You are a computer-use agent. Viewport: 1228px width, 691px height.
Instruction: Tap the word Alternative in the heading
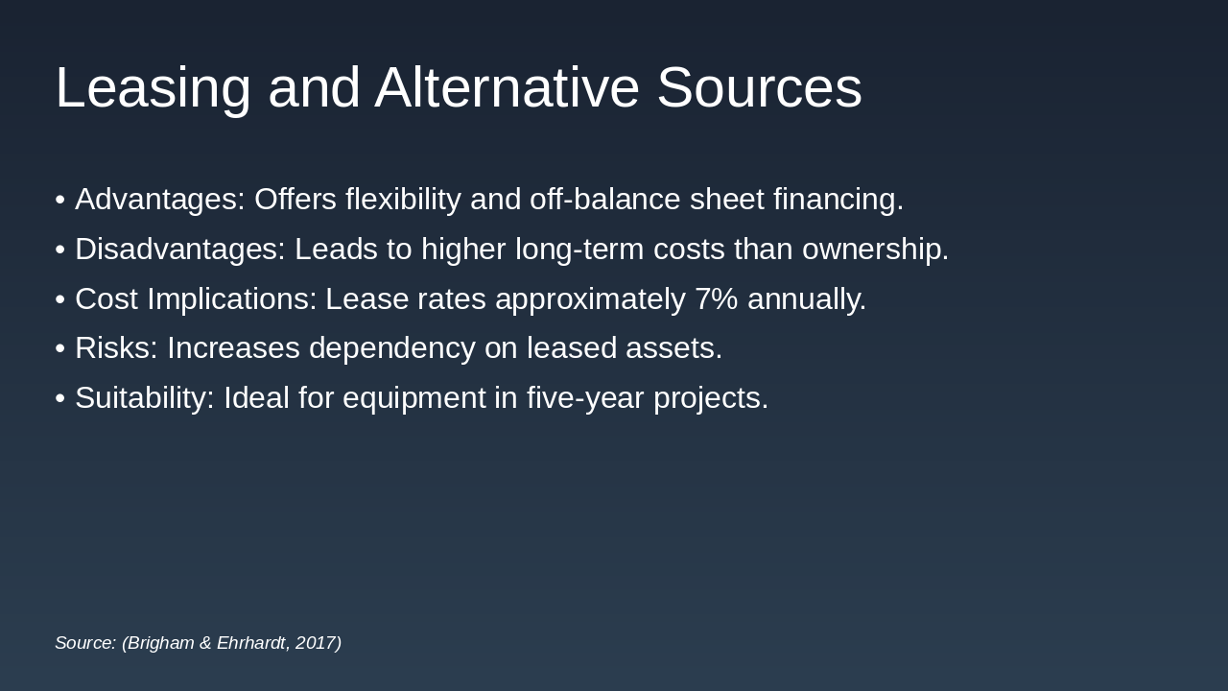pyautogui.click(x=508, y=87)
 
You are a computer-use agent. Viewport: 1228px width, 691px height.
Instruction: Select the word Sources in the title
pyautogui.click(x=759, y=87)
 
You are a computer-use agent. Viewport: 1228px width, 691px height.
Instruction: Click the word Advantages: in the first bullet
pyautogui.click(x=160, y=200)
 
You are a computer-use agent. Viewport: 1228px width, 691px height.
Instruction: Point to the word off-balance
pyautogui.click(x=604, y=199)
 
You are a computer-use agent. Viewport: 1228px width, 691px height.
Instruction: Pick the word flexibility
pyautogui.click(x=403, y=200)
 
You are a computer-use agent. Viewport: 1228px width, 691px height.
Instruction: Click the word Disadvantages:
pyautogui.click(x=180, y=250)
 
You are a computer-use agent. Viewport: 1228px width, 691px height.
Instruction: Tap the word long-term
pyautogui.click(x=579, y=250)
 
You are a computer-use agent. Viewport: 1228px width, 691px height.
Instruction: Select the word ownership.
pyautogui.click(x=876, y=250)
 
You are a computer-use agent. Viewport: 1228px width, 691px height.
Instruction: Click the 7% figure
pyautogui.click(x=716, y=298)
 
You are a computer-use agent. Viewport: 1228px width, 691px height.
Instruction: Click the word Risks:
pyautogui.click(x=116, y=347)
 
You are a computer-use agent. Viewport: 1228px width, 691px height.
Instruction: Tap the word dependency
pyautogui.click(x=392, y=348)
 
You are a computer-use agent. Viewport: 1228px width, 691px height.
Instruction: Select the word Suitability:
pyautogui.click(x=145, y=398)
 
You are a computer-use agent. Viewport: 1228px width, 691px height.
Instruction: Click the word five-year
pyautogui.click(x=585, y=398)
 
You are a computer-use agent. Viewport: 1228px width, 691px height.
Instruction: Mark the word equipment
pyautogui.click(x=413, y=399)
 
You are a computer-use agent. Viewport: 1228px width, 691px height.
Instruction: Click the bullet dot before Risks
pyautogui.click(x=60, y=348)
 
